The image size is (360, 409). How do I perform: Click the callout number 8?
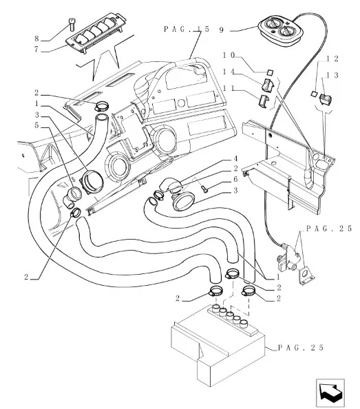(x=36, y=39)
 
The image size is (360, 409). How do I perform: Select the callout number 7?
(x=36, y=49)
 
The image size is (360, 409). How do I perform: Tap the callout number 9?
(x=222, y=30)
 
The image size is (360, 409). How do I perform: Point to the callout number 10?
(x=229, y=55)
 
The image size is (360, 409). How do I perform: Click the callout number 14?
(x=229, y=72)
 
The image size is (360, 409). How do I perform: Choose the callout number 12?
(x=332, y=59)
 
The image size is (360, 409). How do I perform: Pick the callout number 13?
(x=332, y=75)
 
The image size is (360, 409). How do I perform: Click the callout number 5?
(x=36, y=125)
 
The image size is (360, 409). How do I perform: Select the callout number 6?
(x=235, y=179)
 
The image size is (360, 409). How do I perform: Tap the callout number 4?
(x=235, y=159)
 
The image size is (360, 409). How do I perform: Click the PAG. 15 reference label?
(x=186, y=29)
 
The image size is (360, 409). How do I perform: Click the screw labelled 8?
(x=72, y=24)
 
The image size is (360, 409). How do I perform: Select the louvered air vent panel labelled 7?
(x=96, y=32)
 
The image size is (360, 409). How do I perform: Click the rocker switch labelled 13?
(x=326, y=99)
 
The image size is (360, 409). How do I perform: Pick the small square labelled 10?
(x=270, y=72)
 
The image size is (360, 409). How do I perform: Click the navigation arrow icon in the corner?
(x=330, y=393)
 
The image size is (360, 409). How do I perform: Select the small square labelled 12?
(x=314, y=94)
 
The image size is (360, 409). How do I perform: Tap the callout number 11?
(x=229, y=88)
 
